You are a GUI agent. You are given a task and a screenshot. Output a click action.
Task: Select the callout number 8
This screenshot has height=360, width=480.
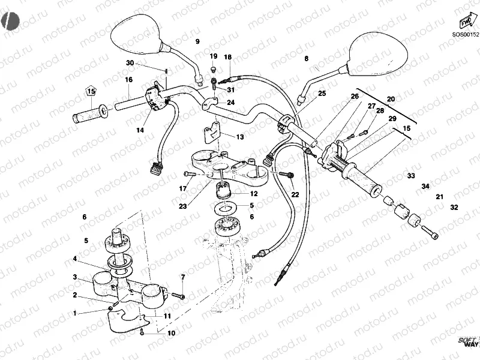[x=305, y=59]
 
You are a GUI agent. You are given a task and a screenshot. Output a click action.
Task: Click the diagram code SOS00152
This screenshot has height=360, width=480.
[x=466, y=34]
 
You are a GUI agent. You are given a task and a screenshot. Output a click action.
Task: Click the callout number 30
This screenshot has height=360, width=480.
[x=130, y=63]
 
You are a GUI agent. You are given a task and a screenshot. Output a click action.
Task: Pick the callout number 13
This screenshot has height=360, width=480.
[x=239, y=137]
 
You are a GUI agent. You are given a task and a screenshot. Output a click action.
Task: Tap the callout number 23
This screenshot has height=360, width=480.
[x=182, y=206]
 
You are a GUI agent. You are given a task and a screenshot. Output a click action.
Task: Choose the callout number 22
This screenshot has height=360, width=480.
[x=295, y=194]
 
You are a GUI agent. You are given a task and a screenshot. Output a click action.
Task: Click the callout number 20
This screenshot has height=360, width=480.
[x=391, y=99]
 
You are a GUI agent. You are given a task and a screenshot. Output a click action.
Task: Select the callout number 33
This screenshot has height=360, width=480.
[x=410, y=176]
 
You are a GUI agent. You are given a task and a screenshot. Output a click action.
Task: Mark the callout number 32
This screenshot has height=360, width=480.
[x=454, y=207]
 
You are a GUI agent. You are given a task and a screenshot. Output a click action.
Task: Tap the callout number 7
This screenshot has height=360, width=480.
[x=182, y=277]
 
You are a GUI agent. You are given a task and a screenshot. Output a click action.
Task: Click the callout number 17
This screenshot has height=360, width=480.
[x=183, y=189]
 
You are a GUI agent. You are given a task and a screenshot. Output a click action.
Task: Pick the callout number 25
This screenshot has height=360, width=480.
[x=322, y=94]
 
